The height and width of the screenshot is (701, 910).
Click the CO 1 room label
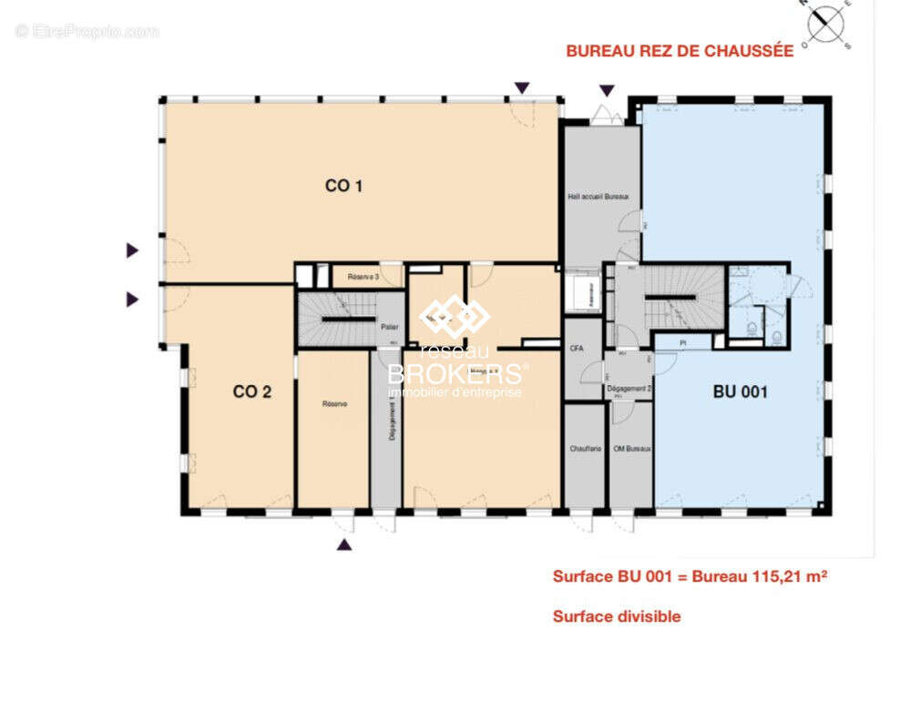pyautogui.click(x=344, y=186)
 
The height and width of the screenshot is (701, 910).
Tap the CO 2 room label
pyautogui.click(x=252, y=392)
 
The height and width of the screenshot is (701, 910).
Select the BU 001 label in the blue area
pyautogui.click(x=740, y=392)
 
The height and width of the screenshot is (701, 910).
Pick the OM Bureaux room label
pyautogui.click(x=632, y=449)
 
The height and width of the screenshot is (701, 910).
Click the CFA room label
pyautogui.click(x=576, y=349)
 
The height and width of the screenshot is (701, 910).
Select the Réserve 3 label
pyautogui.click(x=362, y=276)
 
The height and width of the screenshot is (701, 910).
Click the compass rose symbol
pyautogui.click(x=825, y=23)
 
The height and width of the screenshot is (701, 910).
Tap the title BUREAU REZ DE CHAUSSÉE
pyautogui.click(x=680, y=51)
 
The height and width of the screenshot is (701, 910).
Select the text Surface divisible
pyautogui.click(x=617, y=616)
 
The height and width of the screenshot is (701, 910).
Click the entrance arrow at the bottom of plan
pyautogui.click(x=343, y=544)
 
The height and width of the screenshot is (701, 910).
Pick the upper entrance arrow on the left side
pyautogui.click(x=133, y=250)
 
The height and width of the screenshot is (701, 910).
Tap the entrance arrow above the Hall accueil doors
pyautogui.click(x=606, y=89)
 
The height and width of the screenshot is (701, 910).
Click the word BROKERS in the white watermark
pyautogui.click(x=455, y=374)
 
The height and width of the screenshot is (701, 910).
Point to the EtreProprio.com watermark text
pyautogui.click(x=87, y=31)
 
